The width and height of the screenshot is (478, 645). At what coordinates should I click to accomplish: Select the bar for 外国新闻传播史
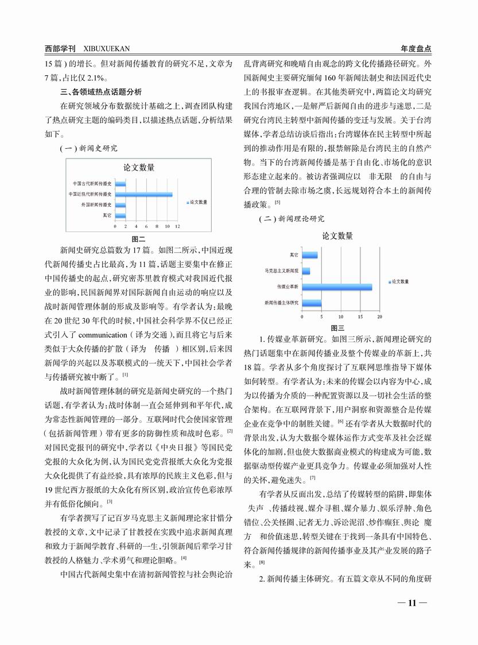[121, 204]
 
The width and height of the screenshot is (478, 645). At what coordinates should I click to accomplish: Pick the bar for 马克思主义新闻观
[306, 270]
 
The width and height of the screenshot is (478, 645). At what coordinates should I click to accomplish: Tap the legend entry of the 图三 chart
[399, 281]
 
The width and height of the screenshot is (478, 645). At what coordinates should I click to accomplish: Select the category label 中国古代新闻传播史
[92, 184]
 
